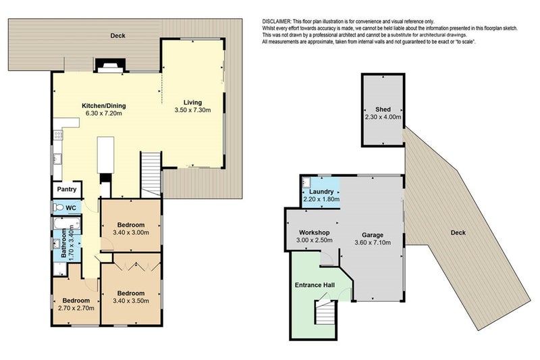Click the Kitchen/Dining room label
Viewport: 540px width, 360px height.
pos(104,106)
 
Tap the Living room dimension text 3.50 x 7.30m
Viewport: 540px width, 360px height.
pos(197,110)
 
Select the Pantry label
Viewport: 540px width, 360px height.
pos(67,191)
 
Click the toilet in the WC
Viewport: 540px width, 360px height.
pos(59,208)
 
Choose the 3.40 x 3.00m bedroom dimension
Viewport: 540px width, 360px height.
pos(130,233)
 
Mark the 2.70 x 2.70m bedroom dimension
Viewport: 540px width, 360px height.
pos(76,309)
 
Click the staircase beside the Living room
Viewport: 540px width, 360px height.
pos(151,172)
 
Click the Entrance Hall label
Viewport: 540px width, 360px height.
pos(315,285)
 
